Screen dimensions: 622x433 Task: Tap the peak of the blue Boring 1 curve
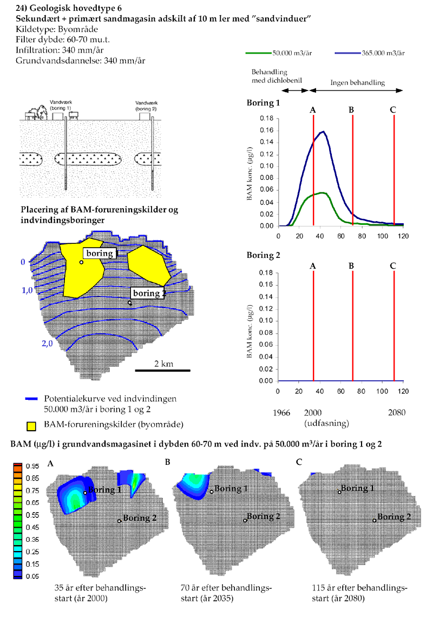(324, 131)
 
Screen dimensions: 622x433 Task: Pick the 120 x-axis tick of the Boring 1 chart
(403, 236)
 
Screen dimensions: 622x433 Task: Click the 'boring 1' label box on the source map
(99, 253)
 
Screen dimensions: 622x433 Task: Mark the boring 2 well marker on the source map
(130, 303)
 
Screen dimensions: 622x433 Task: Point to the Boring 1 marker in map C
(339, 492)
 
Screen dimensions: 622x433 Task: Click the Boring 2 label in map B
(264, 516)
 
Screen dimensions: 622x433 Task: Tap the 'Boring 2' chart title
(264, 255)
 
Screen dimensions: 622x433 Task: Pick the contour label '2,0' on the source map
(47, 344)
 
